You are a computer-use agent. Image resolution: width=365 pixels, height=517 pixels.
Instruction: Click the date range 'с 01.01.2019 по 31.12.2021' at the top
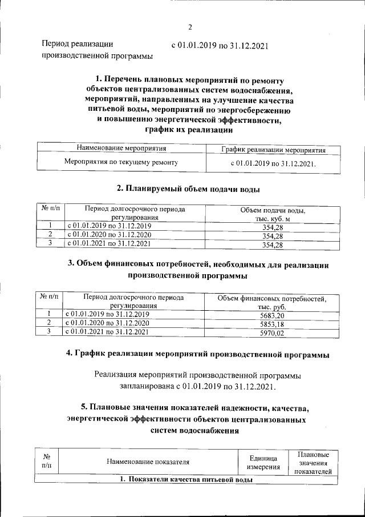[x=220, y=45]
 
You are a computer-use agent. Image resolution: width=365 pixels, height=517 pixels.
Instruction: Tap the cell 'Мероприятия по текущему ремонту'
[x=121, y=162]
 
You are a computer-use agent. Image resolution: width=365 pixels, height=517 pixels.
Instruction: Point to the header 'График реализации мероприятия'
[x=273, y=150]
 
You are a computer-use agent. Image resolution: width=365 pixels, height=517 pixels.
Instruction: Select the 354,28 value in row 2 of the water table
[x=273, y=235]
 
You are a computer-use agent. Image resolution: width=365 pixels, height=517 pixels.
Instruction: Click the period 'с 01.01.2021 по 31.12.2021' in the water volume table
[x=108, y=243]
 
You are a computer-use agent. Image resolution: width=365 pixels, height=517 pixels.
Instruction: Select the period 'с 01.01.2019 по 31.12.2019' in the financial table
[x=107, y=314]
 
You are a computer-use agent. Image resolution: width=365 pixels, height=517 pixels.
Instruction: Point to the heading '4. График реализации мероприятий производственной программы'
[x=198, y=355]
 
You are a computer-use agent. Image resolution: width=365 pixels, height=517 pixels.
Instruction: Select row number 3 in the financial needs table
[x=49, y=331]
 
